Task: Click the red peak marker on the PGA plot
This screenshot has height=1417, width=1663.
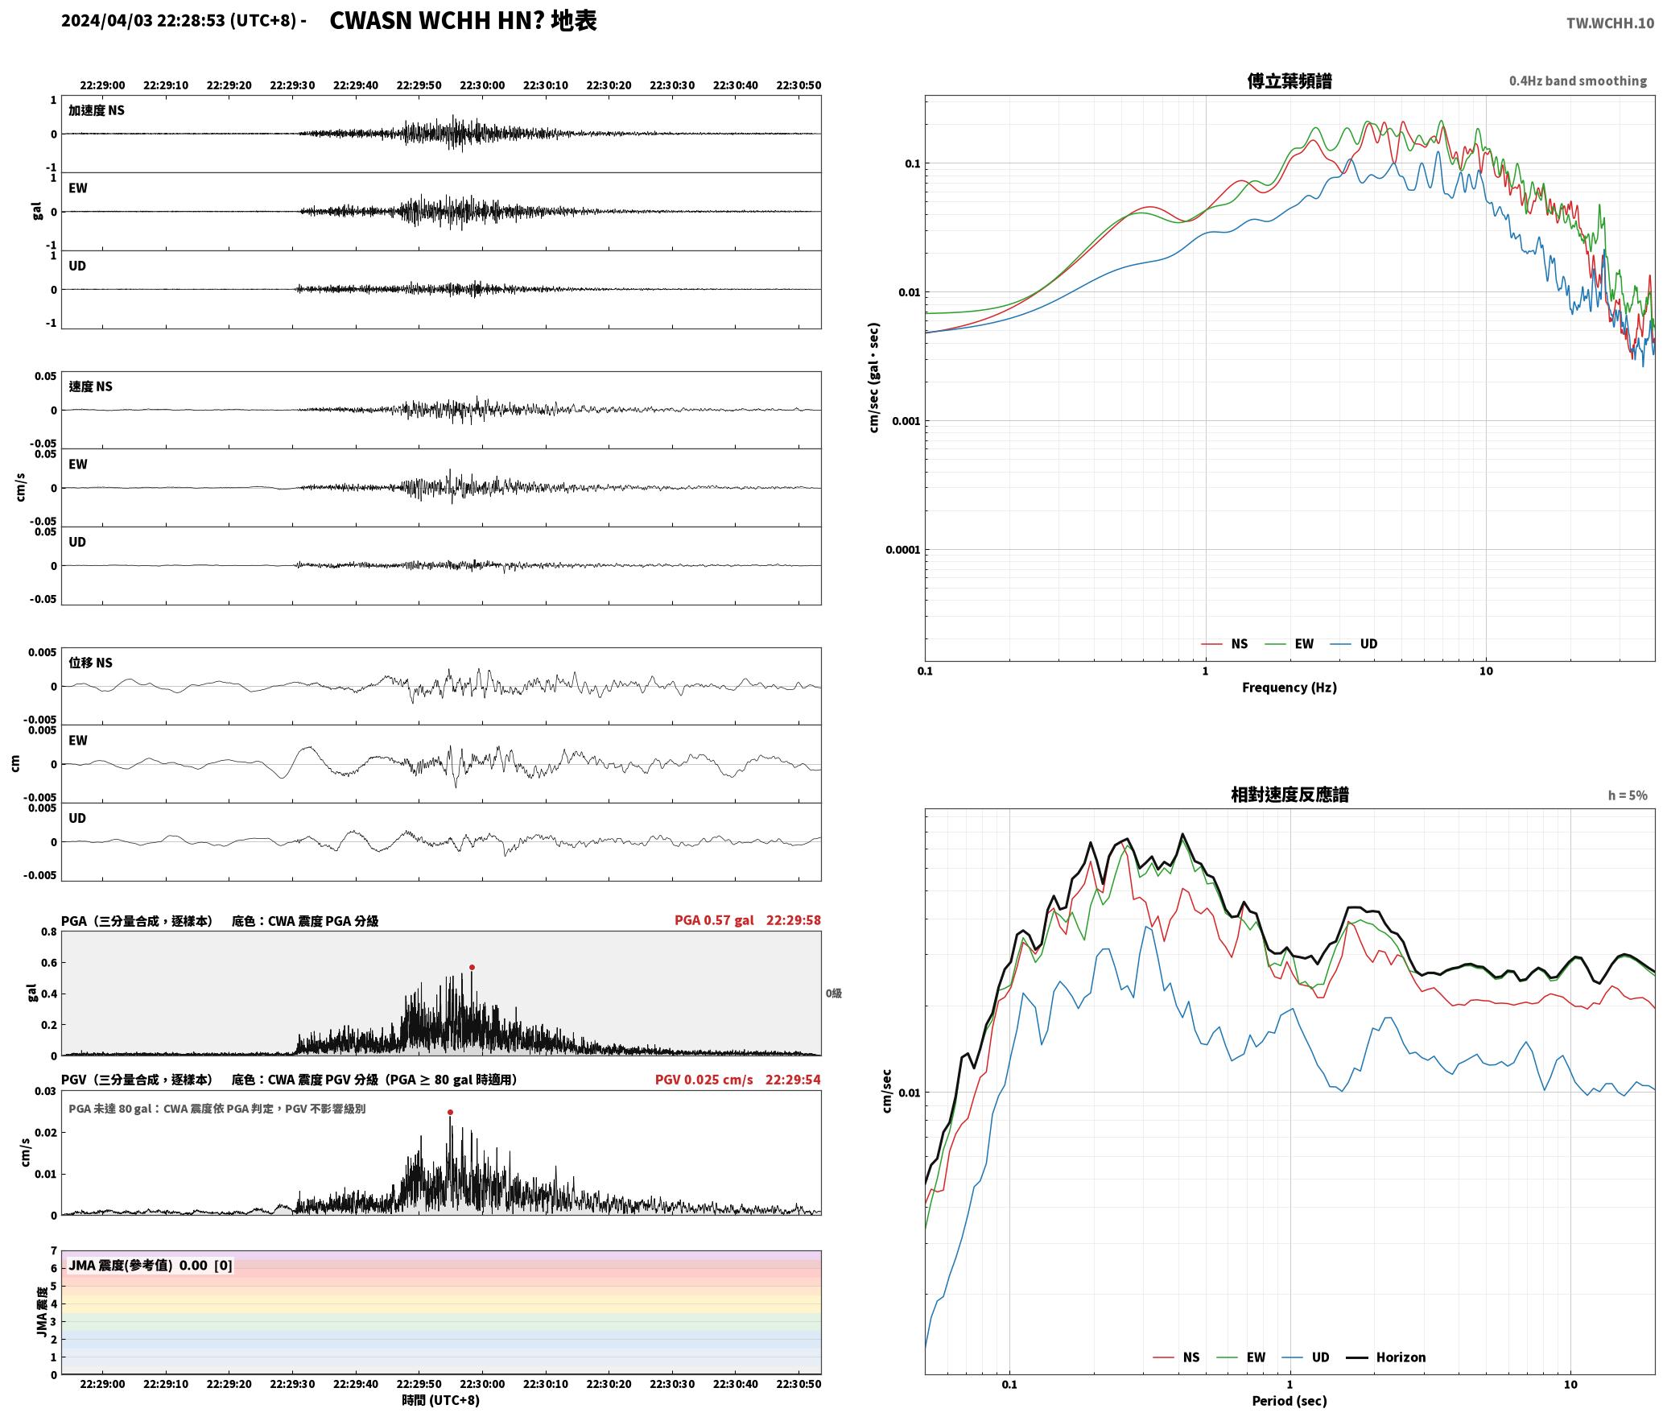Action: (472, 967)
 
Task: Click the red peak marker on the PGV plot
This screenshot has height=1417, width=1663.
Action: (450, 1112)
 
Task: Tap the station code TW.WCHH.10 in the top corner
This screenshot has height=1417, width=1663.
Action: (1610, 23)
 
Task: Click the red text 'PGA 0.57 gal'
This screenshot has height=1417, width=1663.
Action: (714, 920)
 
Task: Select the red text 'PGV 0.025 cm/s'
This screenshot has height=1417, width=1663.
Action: (704, 1080)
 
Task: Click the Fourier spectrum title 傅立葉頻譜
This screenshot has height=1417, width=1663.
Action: (1289, 81)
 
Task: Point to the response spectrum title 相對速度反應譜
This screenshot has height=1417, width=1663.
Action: (1290, 795)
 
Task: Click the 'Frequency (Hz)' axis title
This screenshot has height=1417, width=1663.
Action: (1289, 688)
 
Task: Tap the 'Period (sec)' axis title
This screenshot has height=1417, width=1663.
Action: (1289, 1401)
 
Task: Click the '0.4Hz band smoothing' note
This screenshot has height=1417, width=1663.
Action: (1578, 81)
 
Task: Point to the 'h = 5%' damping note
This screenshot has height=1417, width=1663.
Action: (1628, 795)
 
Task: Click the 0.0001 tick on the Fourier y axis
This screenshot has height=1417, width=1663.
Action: (902, 550)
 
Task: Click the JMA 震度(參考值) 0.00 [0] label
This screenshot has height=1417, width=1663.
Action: (151, 1265)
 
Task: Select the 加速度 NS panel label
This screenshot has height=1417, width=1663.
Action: (97, 110)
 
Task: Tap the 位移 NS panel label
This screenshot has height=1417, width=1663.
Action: (90, 663)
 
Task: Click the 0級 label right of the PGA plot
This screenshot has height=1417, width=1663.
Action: (833, 994)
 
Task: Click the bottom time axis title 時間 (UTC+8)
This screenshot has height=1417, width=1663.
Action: (440, 1400)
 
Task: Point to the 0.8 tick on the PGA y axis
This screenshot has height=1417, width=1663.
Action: (49, 932)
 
